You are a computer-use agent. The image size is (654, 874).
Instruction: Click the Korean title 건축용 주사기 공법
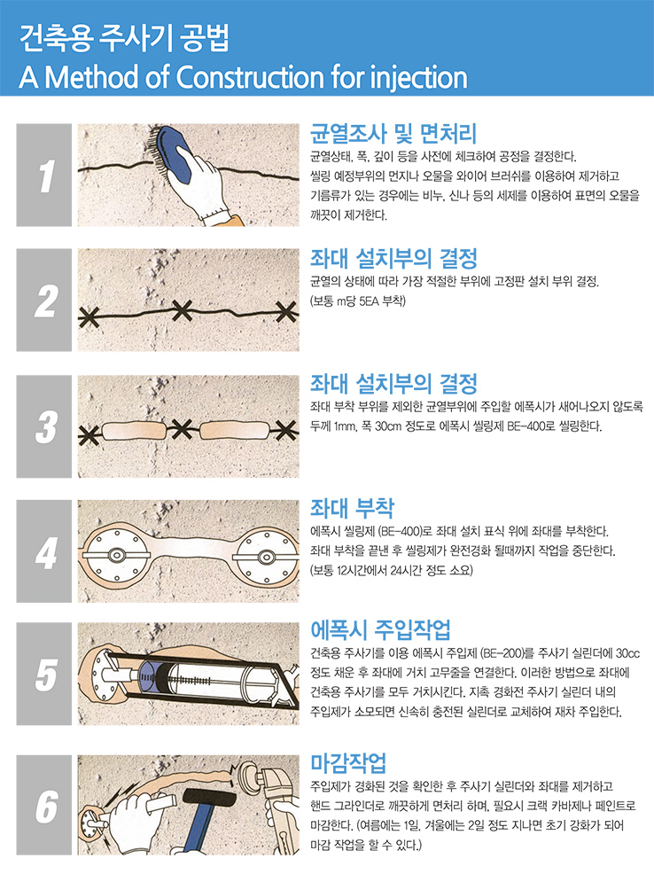(124, 38)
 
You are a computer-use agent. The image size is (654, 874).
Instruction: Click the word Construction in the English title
(250, 77)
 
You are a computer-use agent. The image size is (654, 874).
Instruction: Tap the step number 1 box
(44, 175)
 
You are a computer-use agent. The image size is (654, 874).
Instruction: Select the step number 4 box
(44, 551)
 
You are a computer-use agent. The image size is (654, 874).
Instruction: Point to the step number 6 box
(44, 805)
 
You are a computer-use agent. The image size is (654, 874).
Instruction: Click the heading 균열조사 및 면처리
(393, 133)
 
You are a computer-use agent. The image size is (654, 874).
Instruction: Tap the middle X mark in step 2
(183, 310)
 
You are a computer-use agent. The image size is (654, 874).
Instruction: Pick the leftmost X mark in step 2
(88, 318)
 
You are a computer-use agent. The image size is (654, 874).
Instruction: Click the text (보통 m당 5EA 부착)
(358, 301)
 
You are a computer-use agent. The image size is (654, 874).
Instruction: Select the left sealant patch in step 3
(134, 431)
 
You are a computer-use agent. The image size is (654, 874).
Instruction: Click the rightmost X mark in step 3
(285, 430)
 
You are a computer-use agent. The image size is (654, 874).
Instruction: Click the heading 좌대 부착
(352, 508)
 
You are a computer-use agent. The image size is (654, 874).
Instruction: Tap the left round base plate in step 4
(116, 555)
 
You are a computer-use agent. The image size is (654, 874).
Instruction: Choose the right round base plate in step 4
(266, 557)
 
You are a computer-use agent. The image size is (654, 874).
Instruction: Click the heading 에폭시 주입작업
(380, 630)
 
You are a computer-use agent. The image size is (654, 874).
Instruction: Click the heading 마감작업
(348, 762)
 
